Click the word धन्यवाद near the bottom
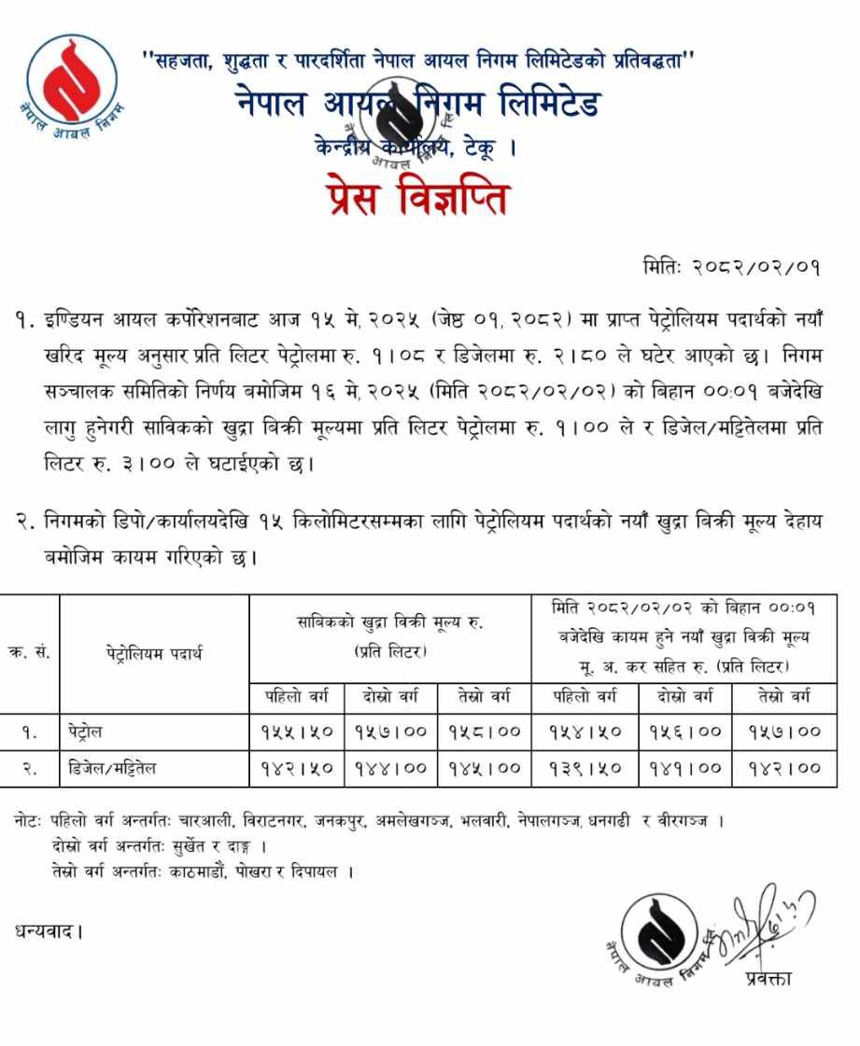pos(47,930)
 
